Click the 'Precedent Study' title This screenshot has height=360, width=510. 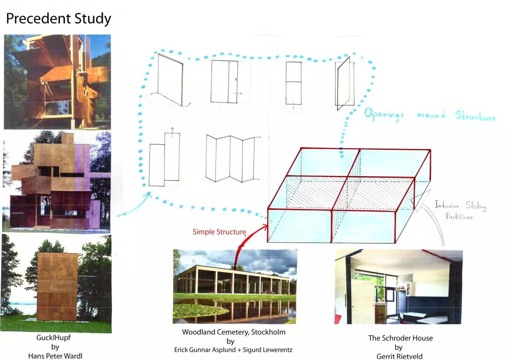coord(59,19)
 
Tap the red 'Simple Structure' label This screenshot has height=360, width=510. coord(219,232)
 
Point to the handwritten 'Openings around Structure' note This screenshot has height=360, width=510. coord(430,115)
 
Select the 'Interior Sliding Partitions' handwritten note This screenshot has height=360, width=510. coord(460,210)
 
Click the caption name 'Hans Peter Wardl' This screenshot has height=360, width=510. coord(55,356)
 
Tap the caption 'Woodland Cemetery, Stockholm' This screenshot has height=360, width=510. coord(234,332)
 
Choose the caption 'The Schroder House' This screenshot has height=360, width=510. coord(401,338)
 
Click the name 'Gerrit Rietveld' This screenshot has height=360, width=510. coord(399,356)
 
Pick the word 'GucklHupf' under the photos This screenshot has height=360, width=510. coord(53,338)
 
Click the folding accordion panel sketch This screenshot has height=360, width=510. coord(230,158)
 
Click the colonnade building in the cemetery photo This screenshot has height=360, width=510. coord(233,280)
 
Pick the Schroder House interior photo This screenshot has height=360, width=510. coord(399,286)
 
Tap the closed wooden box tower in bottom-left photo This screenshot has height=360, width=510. coord(57,286)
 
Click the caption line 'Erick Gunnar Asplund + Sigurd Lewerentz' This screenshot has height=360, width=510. coord(233,350)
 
